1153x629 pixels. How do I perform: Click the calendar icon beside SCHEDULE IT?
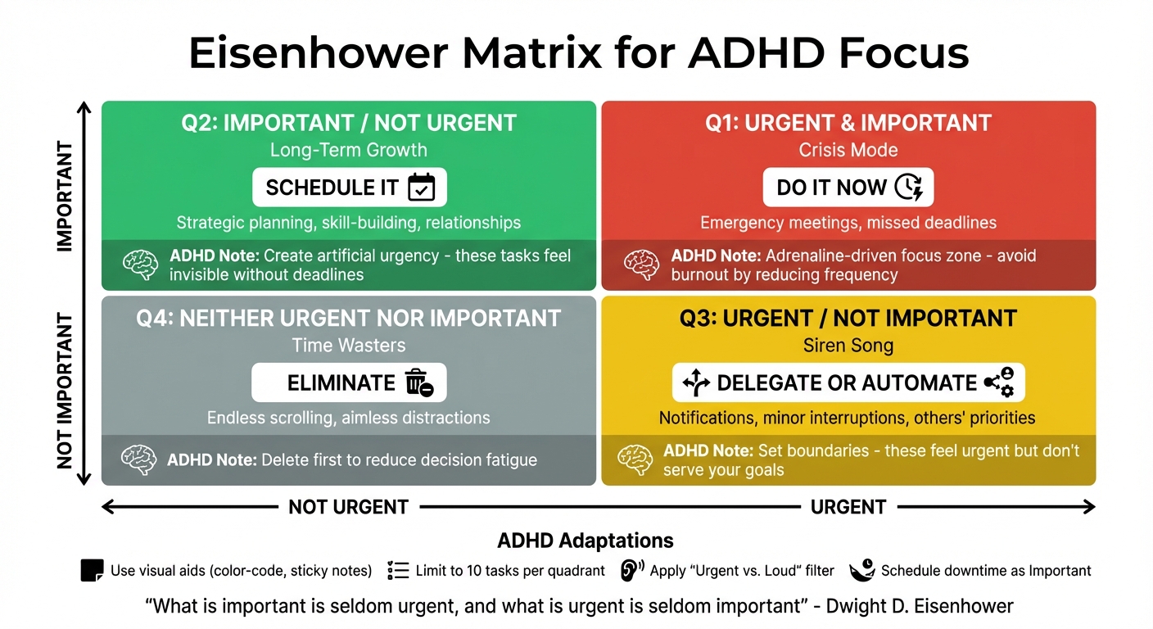[422, 188]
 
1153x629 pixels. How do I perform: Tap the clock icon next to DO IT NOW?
[908, 188]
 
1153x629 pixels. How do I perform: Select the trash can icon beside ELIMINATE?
[418, 382]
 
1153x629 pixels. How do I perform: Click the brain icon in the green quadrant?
[139, 265]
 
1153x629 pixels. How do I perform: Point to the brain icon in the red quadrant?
[640, 265]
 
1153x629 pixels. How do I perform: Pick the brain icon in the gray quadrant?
[138, 459]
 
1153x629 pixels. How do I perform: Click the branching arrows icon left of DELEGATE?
[695, 382]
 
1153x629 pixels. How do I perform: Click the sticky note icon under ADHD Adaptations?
[93, 570]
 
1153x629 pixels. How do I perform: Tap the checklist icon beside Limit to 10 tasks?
[398, 570]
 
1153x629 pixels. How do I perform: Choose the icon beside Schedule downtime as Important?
[861, 570]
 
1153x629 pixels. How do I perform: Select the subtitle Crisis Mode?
[848, 151]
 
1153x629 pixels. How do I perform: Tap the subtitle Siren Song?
[848, 346]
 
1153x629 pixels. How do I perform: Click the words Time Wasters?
[349, 346]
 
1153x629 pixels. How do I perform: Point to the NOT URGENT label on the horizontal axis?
[349, 508]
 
